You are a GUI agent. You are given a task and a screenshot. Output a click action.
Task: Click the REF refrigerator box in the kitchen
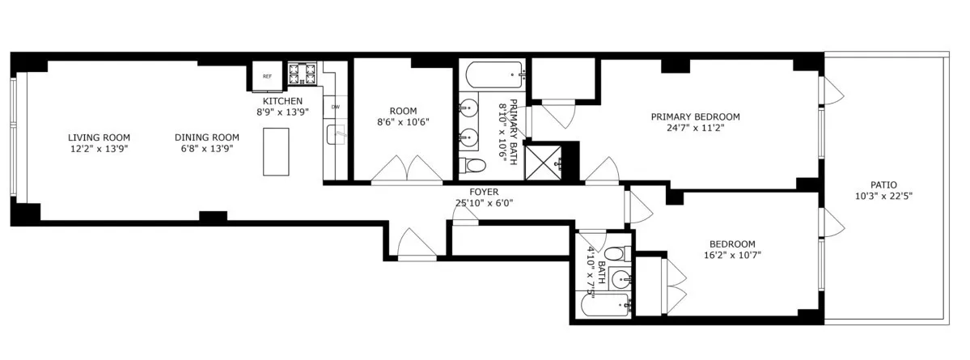tap(266, 77)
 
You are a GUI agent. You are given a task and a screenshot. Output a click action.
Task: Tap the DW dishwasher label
tap(335, 107)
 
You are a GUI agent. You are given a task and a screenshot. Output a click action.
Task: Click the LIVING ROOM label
tap(99, 138)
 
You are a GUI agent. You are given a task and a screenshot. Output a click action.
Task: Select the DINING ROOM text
tap(207, 138)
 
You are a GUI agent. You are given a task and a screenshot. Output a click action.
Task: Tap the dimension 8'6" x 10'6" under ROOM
tap(403, 122)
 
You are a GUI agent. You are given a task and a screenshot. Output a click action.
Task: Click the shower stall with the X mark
tap(543, 162)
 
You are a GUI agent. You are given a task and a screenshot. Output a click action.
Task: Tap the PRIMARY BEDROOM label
tap(695, 116)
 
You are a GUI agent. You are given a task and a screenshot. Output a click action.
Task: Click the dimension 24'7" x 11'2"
tap(695, 127)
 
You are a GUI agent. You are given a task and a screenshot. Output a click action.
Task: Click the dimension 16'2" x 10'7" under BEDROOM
tap(732, 255)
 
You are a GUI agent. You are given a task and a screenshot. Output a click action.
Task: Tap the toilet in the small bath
tap(615, 253)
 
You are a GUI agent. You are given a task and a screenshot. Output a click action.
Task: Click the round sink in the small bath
tap(621, 280)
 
